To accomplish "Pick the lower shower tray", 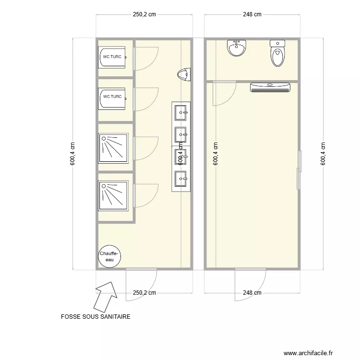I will click(x=114, y=195).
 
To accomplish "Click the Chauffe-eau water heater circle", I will click(x=109, y=256).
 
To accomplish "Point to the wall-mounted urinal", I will click(x=183, y=75).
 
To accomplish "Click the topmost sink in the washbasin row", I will click(x=181, y=112).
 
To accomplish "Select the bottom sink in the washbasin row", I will click(x=181, y=179).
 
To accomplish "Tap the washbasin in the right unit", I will click(x=236, y=48).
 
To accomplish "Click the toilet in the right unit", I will click(x=277, y=53).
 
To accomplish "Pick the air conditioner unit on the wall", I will click(x=270, y=87).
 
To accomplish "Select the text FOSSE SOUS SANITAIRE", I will click(x=96, y=317).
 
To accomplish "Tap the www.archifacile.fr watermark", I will click(x=308, y=353).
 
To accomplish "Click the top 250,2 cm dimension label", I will click(x=144, y=14).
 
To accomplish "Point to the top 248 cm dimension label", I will click(x=252, y=14).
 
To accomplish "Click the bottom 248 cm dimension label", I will click(x=252, y=292).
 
